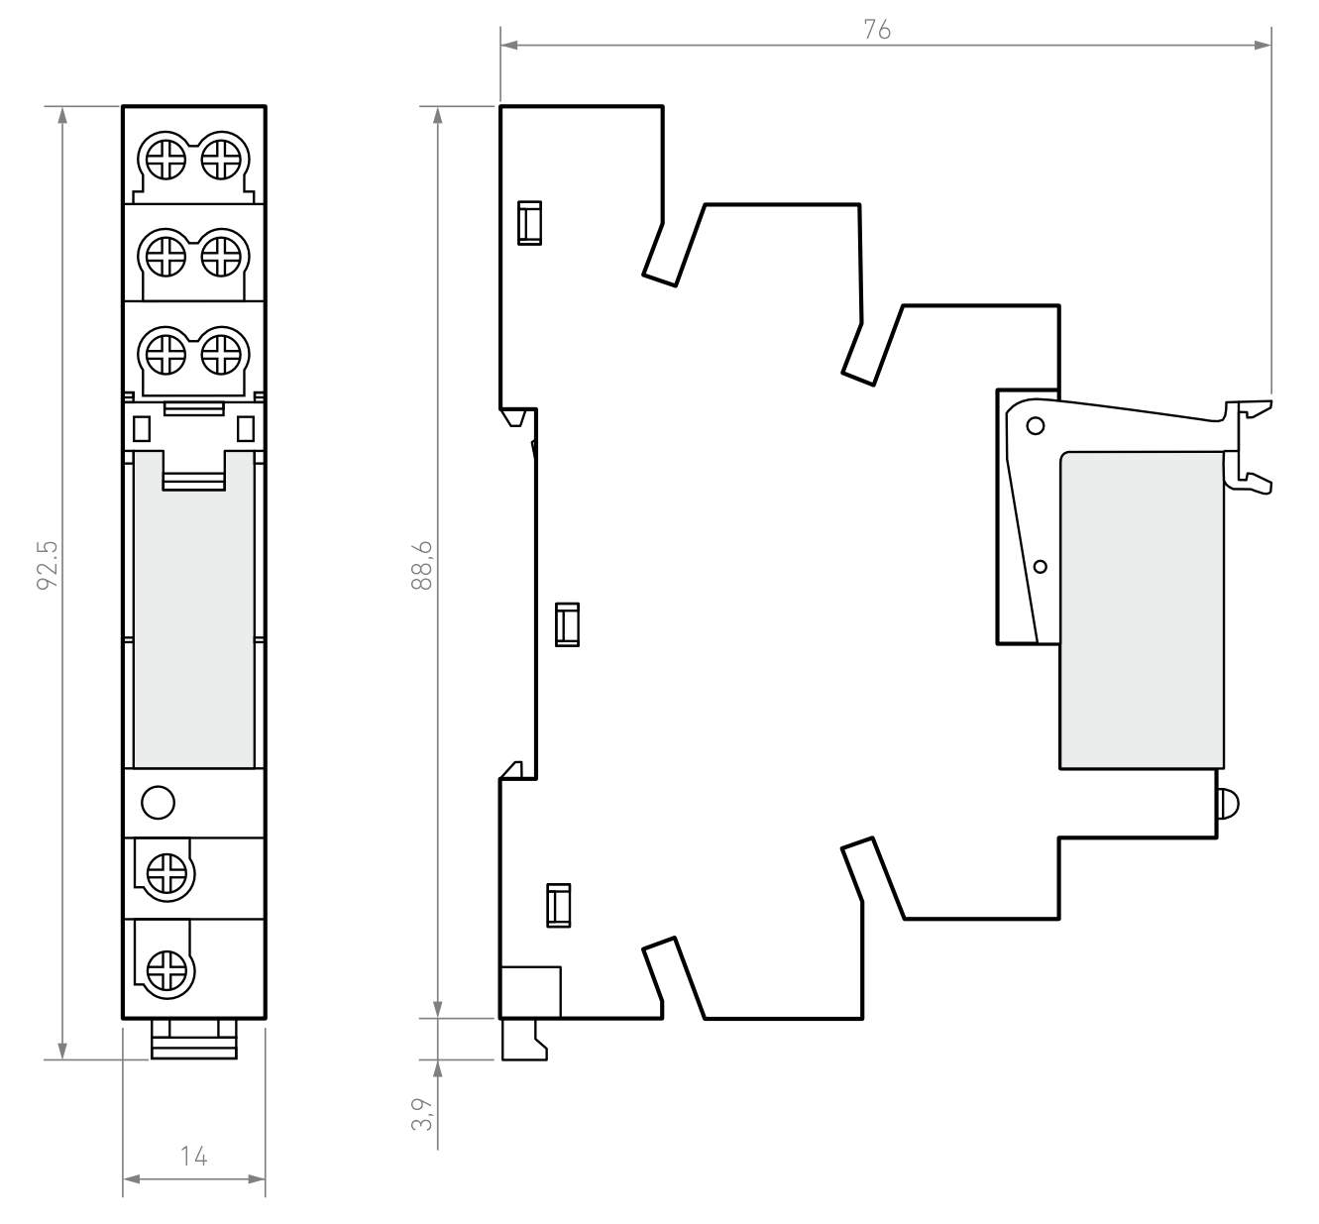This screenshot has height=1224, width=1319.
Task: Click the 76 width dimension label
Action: click(877, 30)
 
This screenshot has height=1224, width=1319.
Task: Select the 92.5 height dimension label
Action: click(48, 565)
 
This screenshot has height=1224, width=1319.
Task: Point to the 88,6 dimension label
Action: click(422, 565)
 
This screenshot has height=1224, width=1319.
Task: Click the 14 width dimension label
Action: click(194, 1157)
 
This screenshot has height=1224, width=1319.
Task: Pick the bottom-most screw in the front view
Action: click(166, 970)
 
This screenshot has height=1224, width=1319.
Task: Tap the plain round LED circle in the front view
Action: click(159, 802)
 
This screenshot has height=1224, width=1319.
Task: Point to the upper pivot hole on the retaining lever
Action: click(1036, 425)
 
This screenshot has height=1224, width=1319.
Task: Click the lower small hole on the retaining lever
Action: click(1041, 567)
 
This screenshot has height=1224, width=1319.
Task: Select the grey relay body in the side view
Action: click(1142, 610)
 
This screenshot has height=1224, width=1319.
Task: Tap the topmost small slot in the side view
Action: click(529, 223)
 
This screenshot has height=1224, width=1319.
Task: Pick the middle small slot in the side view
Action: click(567, 624)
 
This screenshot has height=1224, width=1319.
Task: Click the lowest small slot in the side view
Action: click(559, 905)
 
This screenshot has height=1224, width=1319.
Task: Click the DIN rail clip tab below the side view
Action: click(524, 1040)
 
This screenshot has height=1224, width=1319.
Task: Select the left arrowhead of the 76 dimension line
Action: click(509, 46)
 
